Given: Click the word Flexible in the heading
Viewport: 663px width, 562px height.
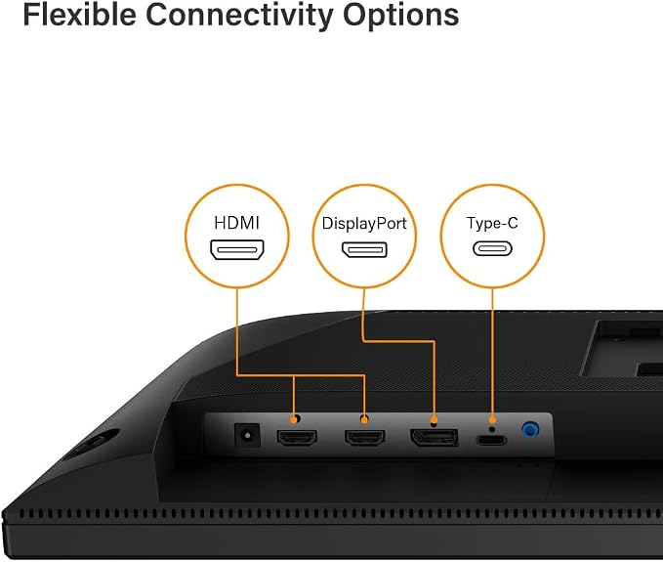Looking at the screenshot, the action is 79,15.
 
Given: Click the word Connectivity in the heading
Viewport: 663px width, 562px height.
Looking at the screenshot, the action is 240,17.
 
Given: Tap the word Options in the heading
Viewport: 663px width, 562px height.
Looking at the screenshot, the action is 401,17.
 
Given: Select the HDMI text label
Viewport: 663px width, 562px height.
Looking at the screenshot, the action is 236,223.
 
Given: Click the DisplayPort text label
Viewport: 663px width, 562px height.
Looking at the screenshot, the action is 364,224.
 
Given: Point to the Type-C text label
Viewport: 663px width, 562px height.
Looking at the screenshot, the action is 492,223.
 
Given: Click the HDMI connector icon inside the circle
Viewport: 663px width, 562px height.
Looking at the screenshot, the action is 237,249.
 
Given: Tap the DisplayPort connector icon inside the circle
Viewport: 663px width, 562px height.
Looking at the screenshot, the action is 364,249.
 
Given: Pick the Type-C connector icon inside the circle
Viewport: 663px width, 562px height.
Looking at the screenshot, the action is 492,248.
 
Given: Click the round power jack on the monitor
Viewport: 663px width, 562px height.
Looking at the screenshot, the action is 247,435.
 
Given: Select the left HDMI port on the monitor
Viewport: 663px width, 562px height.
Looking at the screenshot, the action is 297,437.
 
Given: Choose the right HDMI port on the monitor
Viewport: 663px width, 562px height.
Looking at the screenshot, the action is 365,437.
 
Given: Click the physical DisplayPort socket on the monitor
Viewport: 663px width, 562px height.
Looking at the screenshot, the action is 435,437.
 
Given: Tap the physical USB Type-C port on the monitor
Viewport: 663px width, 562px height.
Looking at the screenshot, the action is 491,440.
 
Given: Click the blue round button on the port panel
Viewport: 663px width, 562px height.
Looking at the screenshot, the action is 530,430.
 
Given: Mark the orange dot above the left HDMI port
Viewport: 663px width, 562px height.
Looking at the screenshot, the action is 294,419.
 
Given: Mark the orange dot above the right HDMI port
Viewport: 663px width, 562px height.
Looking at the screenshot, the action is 364,419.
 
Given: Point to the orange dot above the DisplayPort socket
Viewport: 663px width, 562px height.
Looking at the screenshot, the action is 434,420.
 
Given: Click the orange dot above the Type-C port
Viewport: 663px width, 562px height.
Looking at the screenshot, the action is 492,420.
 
